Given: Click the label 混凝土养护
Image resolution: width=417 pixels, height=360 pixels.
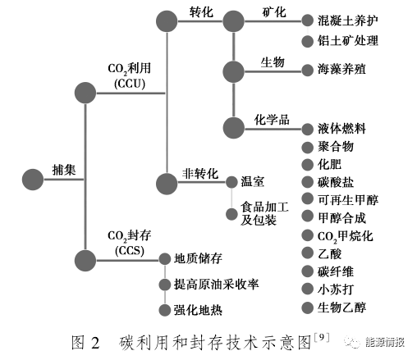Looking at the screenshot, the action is click(x=348, y=21).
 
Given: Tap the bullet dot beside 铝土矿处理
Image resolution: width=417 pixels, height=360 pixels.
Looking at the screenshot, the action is click(x=307, y=42).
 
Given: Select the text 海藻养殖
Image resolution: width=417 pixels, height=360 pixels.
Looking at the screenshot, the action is click(x=341, y=70).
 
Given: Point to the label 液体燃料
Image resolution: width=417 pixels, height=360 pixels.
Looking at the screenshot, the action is click(x=341, y=129).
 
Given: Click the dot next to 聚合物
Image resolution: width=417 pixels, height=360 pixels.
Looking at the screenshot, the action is click(x=307, y=148).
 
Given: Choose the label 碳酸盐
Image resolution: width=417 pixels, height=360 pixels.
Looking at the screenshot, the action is click(x=336, y=182).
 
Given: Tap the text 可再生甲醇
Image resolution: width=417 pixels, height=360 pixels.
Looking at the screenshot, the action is click(x=348, y=200).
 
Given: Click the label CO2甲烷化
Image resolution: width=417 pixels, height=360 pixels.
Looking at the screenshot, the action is click(x=345, y=236).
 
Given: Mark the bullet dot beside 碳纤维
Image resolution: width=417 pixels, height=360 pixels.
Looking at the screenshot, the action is click(x=307, y=271).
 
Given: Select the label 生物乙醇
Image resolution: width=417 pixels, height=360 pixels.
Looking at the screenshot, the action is click(x=341, y=308).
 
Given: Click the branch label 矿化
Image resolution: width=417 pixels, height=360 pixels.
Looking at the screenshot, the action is click(x=274, y=12).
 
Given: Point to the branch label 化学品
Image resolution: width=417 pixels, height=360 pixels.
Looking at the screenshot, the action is click(x=272, y=120).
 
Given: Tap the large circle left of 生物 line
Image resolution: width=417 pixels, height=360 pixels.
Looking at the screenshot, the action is click(x=233, y=72).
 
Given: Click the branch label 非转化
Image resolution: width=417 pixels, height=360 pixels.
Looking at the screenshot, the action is click(x=200, y=174).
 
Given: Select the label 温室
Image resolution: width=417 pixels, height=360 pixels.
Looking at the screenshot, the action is click(x=252, y=182).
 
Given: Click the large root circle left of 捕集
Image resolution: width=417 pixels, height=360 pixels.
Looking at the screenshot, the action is click(x=33, y=180).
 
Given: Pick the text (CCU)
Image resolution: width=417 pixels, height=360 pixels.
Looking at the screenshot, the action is click(x=130, y=84).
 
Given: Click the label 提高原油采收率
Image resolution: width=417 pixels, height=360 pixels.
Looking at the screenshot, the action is click(x=216, y=285).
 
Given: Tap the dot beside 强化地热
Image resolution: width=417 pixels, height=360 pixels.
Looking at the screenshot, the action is click(x=165, y=310).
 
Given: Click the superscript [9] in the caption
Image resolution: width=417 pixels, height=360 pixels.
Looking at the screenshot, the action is click(x=322, y=337).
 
